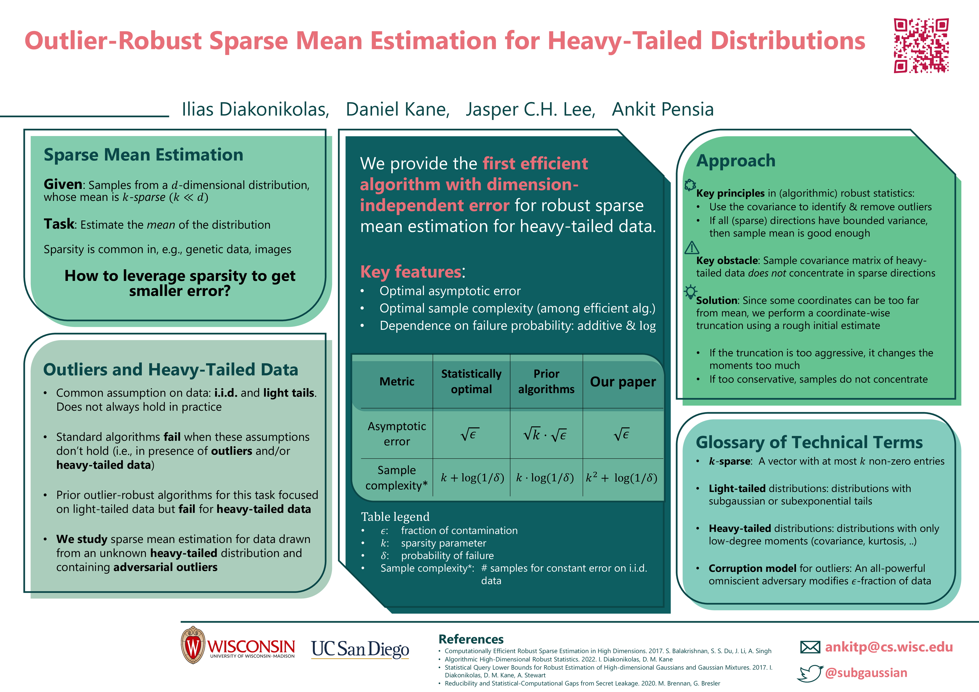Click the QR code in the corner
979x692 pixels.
[921, 46]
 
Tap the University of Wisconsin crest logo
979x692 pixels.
[193, 645]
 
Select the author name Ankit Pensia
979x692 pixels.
[663, 110]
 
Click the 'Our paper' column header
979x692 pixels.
[622, 382]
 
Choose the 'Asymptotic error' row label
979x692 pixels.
[396, 434]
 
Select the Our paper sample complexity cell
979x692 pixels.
[622, 478]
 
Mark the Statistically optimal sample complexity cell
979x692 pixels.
[472, 478]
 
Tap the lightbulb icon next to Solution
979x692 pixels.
[690, 292]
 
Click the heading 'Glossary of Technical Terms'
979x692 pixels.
[809, 442]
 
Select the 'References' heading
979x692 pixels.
[471, 639]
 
